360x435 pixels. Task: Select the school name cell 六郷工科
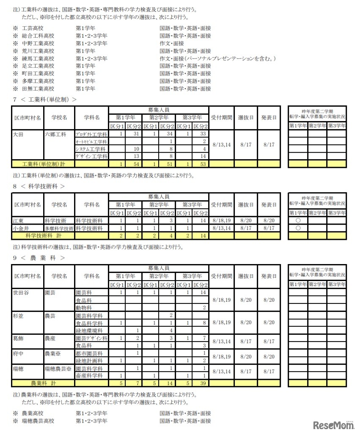(x=55, y=134)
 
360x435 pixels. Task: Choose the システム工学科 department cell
(x=91, y=149)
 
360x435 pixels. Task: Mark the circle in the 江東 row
(x=298, y=220)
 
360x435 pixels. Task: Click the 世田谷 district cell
(x=21, y=292)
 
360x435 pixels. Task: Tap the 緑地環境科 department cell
(x=89, y=330)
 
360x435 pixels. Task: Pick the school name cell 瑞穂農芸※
(x=58, y=368)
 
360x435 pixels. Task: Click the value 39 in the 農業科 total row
(x=201, y=383)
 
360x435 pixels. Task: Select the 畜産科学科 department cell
(x=89, y=376)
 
